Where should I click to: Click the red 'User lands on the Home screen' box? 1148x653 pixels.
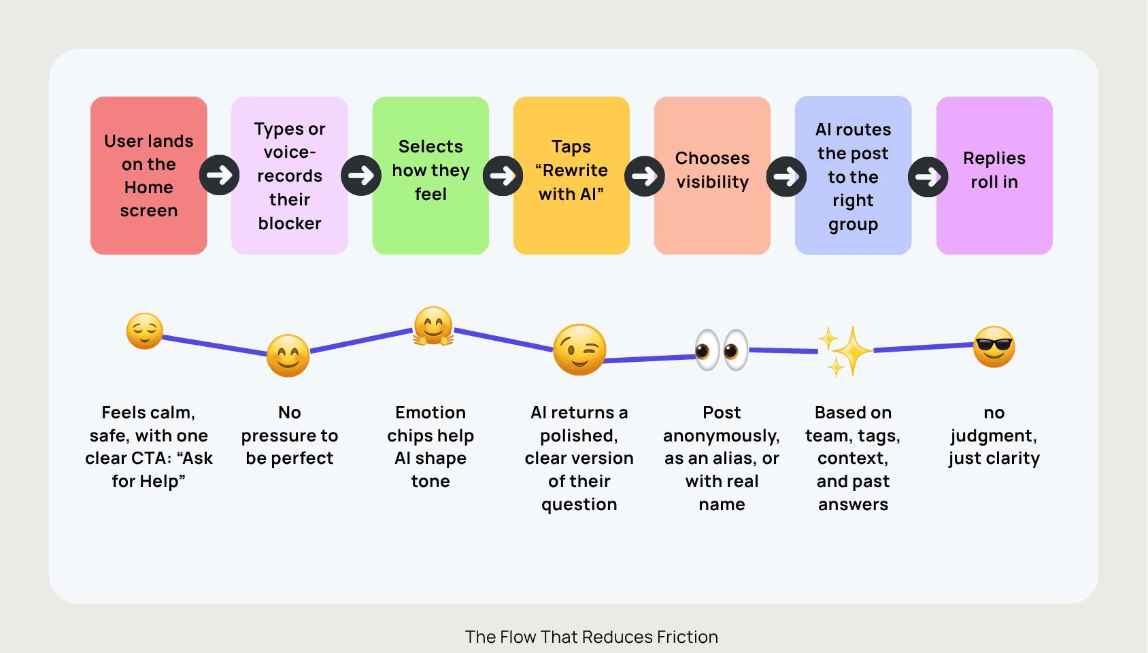point(148,175)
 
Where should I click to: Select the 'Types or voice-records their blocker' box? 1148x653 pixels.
point(290,175)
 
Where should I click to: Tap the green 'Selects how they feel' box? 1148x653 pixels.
point(430,175)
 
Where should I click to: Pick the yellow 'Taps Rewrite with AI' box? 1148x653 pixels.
point(571,175)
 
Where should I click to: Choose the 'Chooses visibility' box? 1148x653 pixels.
point(712,175)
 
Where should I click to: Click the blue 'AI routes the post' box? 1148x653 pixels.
point(853,175)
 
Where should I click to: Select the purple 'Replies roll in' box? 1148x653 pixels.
point(994,175)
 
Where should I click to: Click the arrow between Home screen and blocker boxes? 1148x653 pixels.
point(220,175)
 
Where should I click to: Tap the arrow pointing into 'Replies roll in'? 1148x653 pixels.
point(928,177)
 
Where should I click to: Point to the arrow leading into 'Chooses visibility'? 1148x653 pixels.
point(644,176)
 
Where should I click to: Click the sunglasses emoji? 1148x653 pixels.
point(994,346)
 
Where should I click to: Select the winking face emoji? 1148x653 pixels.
point(579,350)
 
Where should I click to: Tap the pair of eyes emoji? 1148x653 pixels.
point(721,350)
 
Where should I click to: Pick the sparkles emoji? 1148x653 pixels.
point(845,351)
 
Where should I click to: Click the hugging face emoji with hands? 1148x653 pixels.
point(433,326)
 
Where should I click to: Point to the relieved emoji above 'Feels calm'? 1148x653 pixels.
point(145,331)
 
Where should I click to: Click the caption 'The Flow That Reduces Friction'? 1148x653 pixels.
point(591,637)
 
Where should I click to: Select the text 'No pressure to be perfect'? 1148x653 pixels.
point(290,435)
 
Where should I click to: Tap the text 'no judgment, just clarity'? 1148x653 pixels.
point(994,435)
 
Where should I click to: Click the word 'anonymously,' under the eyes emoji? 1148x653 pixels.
point(722,435)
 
